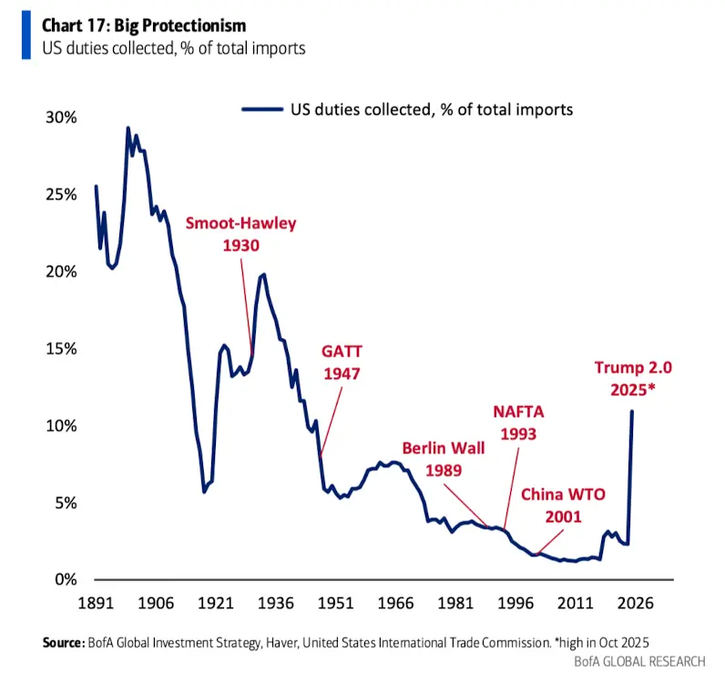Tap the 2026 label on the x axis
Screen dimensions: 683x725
coord(631,603)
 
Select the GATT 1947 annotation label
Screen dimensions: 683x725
coord(341,362)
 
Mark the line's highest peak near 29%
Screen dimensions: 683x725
coord(128,128)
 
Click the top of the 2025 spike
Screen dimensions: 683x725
coord(632,412)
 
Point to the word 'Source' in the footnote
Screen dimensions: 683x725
coord(63,643)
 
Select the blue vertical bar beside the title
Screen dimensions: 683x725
coord(26,34)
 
